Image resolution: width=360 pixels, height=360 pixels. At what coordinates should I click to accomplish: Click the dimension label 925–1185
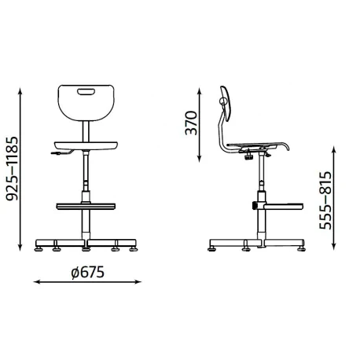click(12, 168)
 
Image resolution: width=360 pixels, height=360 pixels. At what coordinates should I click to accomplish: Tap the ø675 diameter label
click(88, 272)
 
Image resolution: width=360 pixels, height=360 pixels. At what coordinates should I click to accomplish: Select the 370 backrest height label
click(191, 123)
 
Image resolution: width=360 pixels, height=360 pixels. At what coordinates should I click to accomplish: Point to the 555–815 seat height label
click(325, 200)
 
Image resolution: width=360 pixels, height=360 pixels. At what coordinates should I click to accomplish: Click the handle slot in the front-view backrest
click(86, 91)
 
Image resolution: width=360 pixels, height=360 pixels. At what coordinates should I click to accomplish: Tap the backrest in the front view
click(86, 103)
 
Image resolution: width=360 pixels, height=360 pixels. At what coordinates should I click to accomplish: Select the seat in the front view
click(86, 145)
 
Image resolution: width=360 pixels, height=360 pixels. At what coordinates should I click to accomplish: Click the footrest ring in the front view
click(86, 206)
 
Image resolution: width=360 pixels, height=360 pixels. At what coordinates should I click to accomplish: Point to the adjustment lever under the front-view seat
click(62, 152)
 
